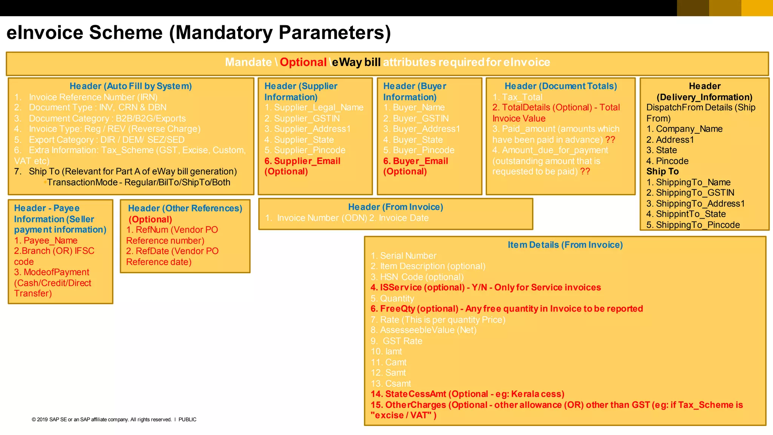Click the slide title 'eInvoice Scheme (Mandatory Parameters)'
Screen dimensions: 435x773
(199, 32)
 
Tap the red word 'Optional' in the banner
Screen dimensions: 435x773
(303, 62)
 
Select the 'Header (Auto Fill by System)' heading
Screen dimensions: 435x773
(131, 86)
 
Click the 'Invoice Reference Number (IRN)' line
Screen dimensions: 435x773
(93, 97)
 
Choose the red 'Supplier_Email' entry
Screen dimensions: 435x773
(307, 161)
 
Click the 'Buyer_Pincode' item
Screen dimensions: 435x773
(423, 150)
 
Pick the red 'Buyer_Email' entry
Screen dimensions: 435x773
(420, 161)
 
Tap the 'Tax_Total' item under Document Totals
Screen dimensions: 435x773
(522, 97)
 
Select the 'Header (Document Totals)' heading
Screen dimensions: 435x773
(561, 86)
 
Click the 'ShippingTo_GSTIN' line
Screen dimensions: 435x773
(695, 193)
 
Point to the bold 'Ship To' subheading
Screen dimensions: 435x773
(662, 171)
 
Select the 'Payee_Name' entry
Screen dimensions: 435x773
(50, 241)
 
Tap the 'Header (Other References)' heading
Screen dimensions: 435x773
(185, 208)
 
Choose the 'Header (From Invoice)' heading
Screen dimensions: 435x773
(395, 207)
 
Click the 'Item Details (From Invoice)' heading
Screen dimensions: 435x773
(565, 245)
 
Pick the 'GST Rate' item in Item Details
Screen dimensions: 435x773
(402, 341)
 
